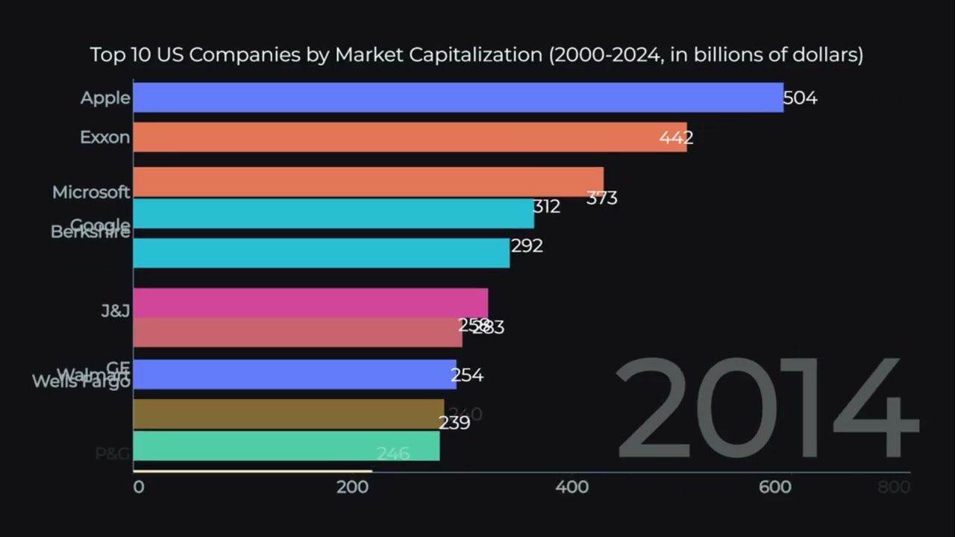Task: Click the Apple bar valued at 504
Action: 458,98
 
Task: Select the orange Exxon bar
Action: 410,137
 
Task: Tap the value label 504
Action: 801,98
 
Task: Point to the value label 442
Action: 676,138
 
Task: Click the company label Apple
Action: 105,98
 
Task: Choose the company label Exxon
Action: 104,138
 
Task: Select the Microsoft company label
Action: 91,192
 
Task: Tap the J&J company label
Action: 116,310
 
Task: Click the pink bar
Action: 310,303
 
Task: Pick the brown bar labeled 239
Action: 288,414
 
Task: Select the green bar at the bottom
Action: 286,446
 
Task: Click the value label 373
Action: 601,198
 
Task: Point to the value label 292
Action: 527,246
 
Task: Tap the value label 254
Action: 467,375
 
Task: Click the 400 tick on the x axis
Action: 572,487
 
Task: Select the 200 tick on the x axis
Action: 353,487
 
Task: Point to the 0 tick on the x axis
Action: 139,487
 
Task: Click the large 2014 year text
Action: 765,409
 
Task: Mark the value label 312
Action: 546,207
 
